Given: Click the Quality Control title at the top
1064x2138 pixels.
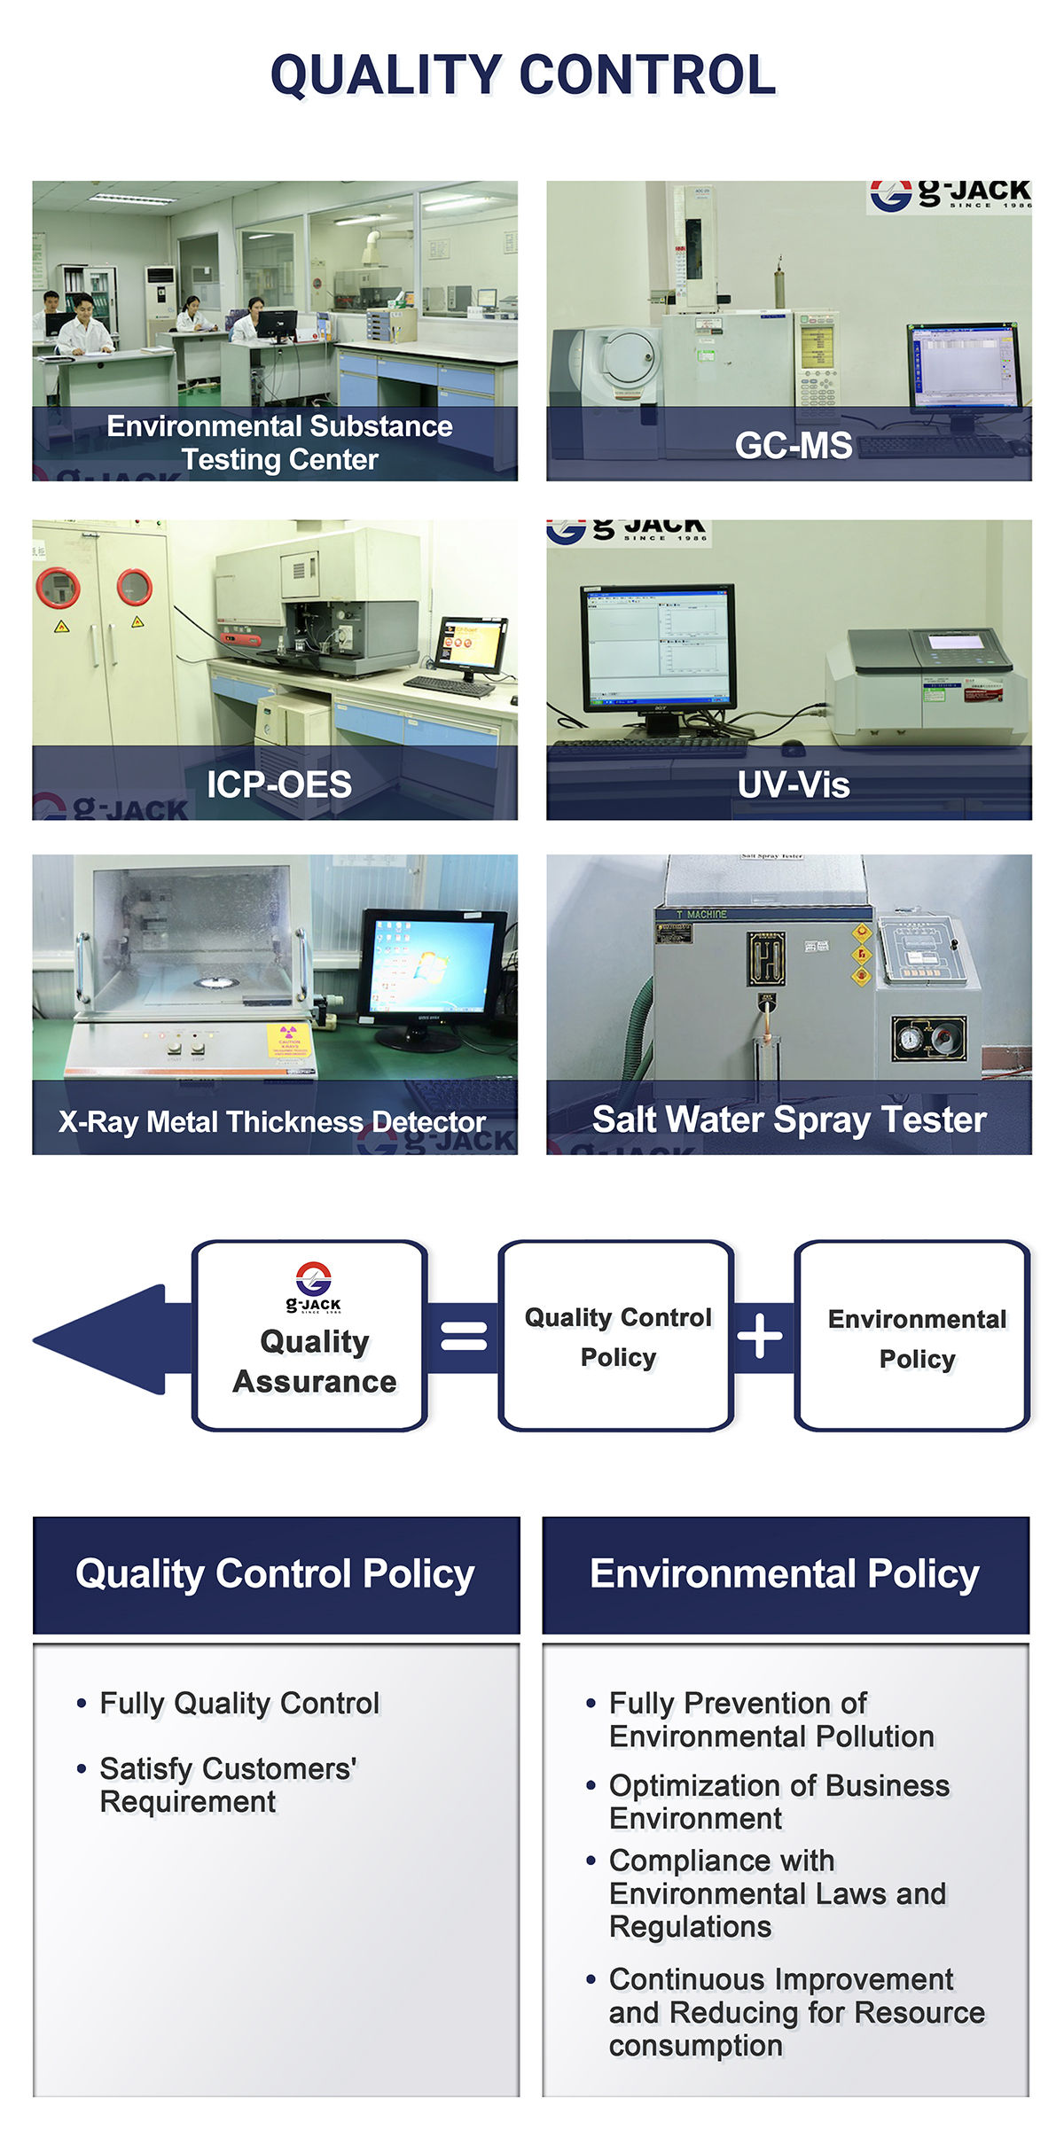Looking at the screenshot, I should [x=523, y=74].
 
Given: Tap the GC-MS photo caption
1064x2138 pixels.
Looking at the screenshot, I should [x=793, y=445].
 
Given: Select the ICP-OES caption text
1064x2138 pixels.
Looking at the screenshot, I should [x=279, y=784].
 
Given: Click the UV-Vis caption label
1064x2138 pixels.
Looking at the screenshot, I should [x=794, y=784].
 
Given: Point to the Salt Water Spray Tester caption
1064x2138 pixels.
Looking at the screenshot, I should [x=789, y=1120].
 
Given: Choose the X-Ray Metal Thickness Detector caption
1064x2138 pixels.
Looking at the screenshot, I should [x=272, y=1121].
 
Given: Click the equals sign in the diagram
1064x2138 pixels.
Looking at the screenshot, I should [x=464, y=1336].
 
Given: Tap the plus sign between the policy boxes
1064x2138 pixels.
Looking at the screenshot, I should [x=761, y=1336].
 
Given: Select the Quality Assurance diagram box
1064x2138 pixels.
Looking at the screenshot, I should [x=310, y=1336].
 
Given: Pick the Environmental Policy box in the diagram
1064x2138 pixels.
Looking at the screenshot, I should [x=913, y=1336].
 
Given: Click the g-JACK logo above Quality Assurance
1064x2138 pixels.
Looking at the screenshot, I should [x=314, y=1286].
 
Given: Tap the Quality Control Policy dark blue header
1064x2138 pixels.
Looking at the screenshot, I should [x=276, y=1575].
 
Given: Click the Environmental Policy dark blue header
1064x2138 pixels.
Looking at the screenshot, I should [x=786, y=1575].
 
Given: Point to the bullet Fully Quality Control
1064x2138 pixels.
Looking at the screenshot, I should [x=239, y=1704].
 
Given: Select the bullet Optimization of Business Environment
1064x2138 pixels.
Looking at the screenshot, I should [x=778, y=1801].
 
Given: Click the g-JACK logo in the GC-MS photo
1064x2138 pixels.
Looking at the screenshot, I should [x=949, y=195].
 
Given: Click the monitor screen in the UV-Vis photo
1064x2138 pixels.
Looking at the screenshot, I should [x=657, y=643].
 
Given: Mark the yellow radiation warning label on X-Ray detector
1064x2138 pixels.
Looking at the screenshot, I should [x=288, y=1040].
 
